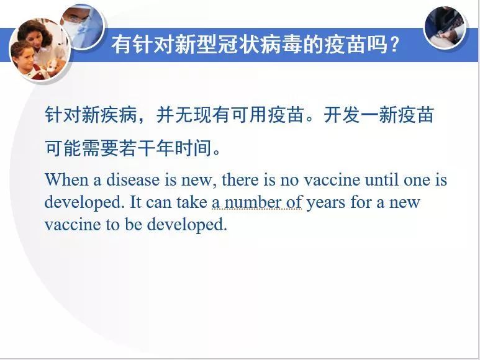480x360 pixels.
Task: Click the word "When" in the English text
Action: pos(66,179)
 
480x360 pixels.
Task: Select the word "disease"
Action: pos(133,179)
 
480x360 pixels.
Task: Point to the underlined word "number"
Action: pos(253,202)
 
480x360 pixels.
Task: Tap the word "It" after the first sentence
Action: pos(135,202)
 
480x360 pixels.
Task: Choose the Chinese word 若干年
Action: pos(147,148)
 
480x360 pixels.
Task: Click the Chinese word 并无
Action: pos(174,115)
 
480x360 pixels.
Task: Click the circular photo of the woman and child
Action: pos(40,50)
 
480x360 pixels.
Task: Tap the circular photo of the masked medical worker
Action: pos(82,25)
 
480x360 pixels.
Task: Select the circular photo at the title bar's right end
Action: pos(445,27)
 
